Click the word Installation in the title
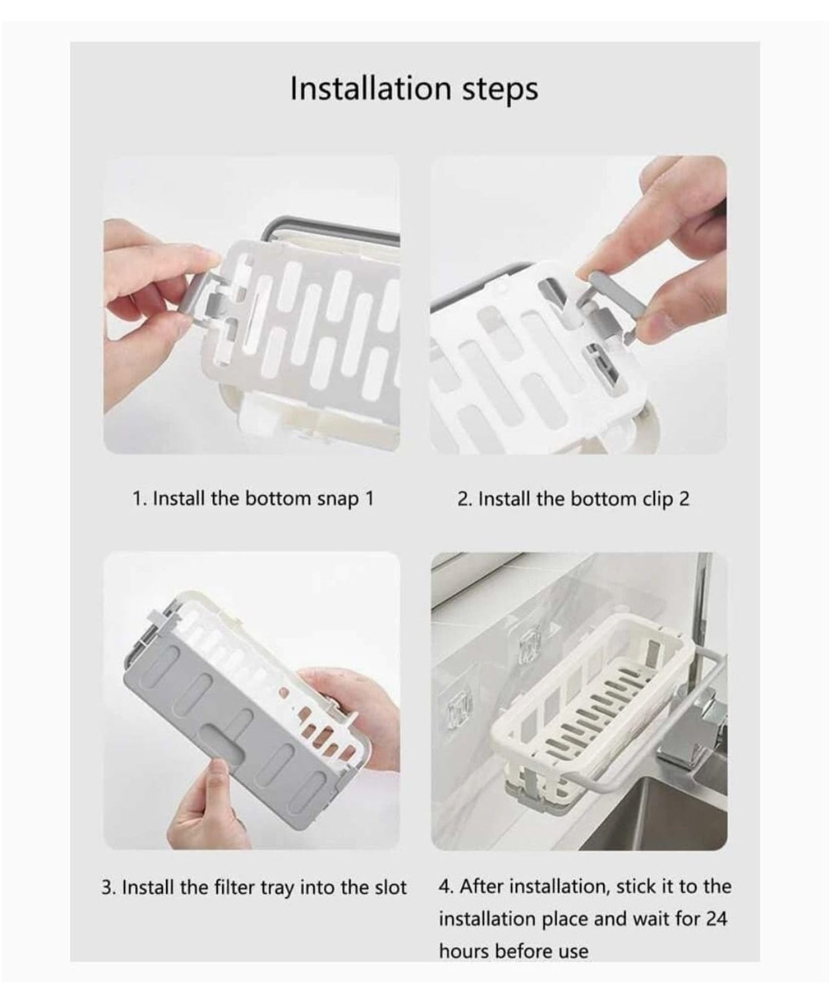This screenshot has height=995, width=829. [x=370, y=88]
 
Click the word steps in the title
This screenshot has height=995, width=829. [x=500, y=90]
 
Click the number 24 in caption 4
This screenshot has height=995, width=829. [x=716, y=918]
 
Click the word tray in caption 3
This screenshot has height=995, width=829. [x=277, y=888]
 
